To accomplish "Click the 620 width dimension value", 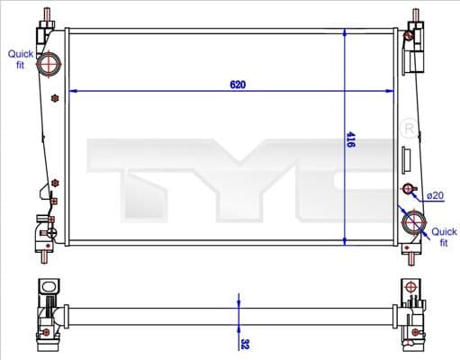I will [238, 85].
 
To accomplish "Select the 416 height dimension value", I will [351, 139].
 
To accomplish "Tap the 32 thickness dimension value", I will [244, 343].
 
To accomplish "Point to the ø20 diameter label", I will [436, 195].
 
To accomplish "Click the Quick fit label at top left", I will [21, 60].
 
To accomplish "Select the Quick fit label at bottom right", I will [444, 237].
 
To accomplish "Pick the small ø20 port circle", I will [409, 190].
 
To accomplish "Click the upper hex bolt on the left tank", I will [56, 96].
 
